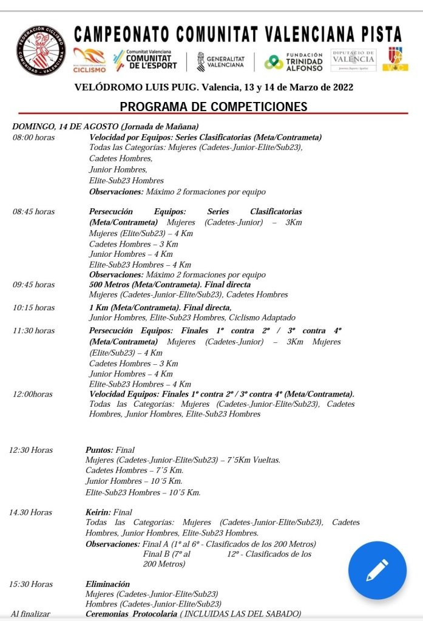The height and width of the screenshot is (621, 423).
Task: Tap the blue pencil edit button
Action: pyautogui.click(x=377, y=570)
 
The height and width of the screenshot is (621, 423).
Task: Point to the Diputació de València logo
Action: pyautogui.click(x=354, y=59)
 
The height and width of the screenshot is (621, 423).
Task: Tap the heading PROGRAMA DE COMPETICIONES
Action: pyautogui.click(x=213, y=107)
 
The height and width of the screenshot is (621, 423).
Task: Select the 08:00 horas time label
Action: pyautogui.click(x=33, y=137)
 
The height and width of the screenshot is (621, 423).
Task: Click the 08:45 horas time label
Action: pyautogui.click(x=33, y=212)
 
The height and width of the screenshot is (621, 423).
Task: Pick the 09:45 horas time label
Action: pyautogui.click(x=33, y=284)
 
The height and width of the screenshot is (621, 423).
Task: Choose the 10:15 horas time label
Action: pyautogui.click(x=33, y=307)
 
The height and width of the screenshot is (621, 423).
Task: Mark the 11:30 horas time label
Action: pyautogui.click(x=33, y=330)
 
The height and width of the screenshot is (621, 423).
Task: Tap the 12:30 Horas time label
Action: pyautogui.click(x=31, y=450)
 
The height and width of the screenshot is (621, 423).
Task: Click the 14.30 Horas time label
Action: pyautogui.click(x=31, y=512)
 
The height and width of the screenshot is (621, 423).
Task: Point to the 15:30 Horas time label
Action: pyautogui.click(x=31, y=584)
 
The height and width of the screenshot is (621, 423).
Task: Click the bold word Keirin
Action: pyautogui.click(x=98, y=512)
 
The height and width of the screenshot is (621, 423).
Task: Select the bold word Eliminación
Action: pyautogui.click(x=108, y=584)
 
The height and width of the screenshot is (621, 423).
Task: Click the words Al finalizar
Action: pyautogui.click(x=30, y=614)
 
